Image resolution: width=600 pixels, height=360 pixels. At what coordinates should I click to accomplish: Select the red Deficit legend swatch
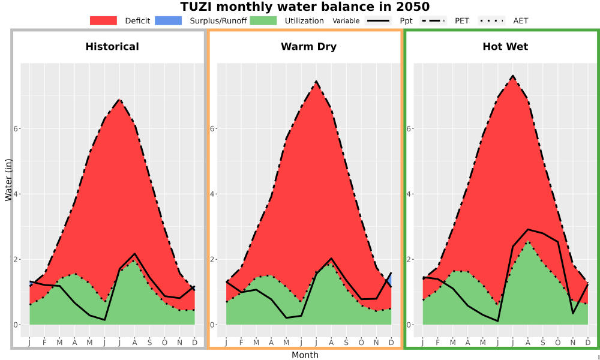click(x=103, y=20)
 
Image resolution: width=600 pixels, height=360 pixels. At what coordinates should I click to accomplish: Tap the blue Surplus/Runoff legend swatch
click(x=169, y=20)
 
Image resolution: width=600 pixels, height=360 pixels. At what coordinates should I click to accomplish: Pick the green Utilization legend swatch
click(x=263, y=20)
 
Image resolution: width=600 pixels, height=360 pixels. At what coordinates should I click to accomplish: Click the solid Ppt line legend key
click(x=378, y=20)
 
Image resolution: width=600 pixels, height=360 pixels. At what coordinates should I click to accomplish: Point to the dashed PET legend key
click(x=433, y=20)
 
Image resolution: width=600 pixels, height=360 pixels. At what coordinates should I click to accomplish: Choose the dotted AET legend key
click(x=492, y=20)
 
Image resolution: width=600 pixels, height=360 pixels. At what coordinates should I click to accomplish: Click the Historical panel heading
click(x=112, y=47)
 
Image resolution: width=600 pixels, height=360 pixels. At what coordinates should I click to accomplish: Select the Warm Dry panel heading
click(x=309, y=47)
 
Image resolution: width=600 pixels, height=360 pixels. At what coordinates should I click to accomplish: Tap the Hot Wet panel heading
click(x=505, y=47)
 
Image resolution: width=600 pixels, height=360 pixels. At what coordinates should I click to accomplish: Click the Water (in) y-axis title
click(x=8, y=180)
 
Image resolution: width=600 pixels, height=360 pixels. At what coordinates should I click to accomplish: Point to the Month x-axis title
click(x=305, y=355)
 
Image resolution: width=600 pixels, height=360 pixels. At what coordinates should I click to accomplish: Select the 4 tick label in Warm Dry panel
click(x=211, y=194)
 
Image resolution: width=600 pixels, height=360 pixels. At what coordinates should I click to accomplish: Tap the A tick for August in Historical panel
click(x=134, y=343)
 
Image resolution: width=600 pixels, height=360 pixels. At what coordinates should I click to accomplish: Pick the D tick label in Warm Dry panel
click(x=391, y=343)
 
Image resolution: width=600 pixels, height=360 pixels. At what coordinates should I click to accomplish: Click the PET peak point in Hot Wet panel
click(x=513, y=76)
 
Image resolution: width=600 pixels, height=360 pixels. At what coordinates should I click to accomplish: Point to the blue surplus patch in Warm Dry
click(x=389, y=280)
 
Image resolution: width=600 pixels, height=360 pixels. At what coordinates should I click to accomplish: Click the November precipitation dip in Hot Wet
click(x=573, y=313)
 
